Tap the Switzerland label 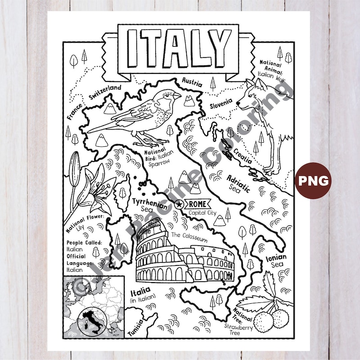105,93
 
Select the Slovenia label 221,104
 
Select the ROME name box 196,204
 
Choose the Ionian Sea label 277,260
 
